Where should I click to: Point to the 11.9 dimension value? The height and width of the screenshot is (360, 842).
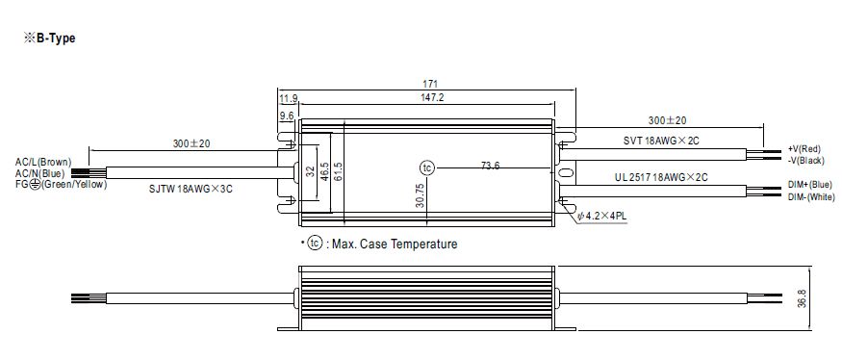coord(288,99)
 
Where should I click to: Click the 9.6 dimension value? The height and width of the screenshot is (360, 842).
coord(287,116)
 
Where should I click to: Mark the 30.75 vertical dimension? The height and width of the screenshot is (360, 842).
coord(421,196)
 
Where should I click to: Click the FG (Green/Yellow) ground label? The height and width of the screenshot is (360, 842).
coord(60,184)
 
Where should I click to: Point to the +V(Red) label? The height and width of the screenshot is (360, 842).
coord(804,149)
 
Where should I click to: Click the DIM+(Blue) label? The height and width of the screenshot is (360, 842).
coord(806,186)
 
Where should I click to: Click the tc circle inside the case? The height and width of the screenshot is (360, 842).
coord(428,167)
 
